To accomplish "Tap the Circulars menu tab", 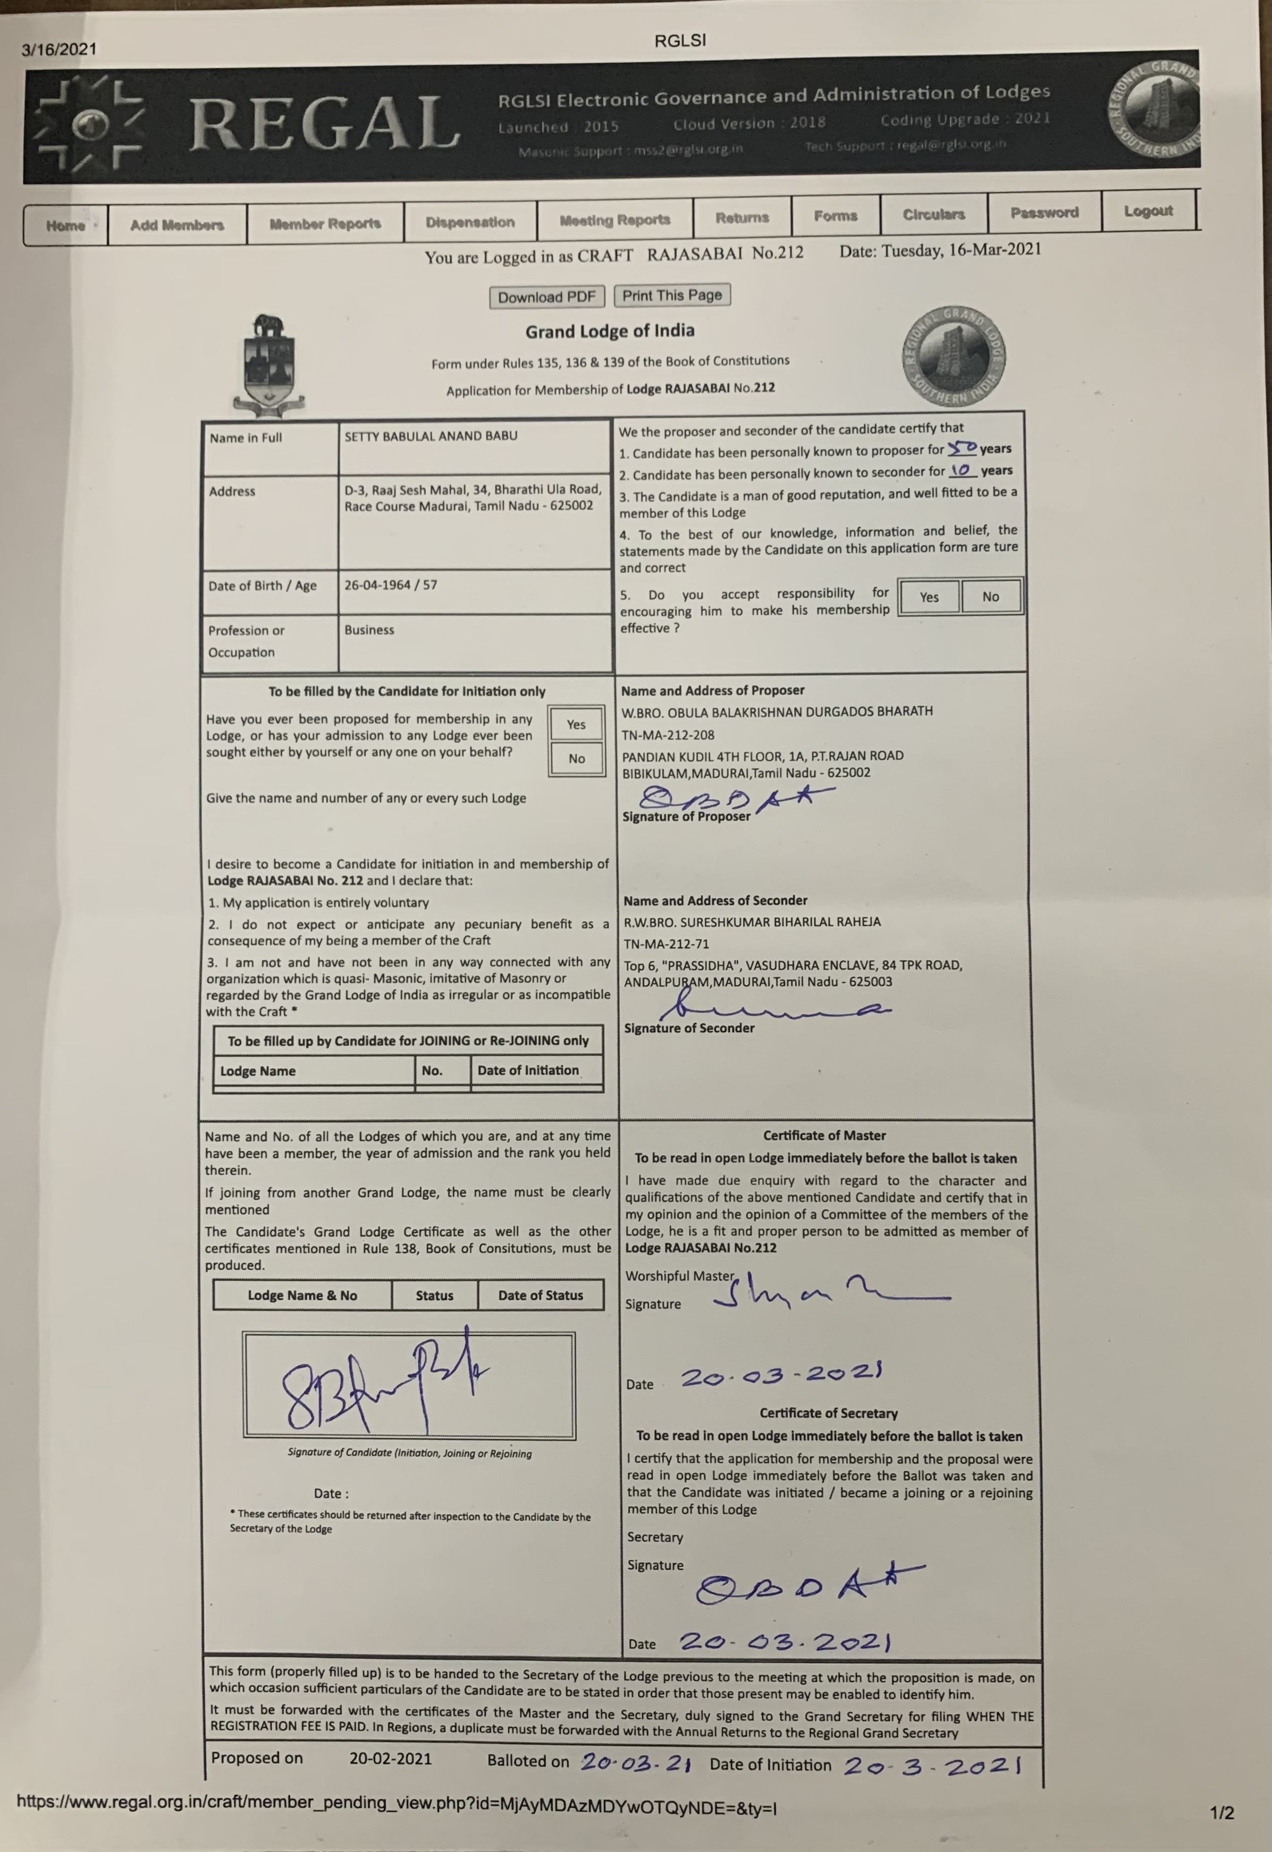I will tap(933, 214).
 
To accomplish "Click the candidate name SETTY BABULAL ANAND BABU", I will tap(431, 436).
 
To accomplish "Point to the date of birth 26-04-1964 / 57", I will tap(391, 585).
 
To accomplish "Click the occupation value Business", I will tap(369, 629).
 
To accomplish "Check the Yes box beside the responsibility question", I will tap(929, 597).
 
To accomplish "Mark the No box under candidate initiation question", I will tap(576, 759).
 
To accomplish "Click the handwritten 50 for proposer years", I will tap(962, 448).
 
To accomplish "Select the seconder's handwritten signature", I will tap(773, 1007).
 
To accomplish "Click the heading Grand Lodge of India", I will tap(609, 331).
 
